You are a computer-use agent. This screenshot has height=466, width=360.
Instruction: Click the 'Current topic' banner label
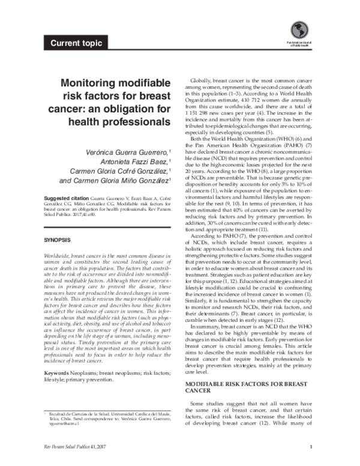pyautogui.click(x=76, y=43)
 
